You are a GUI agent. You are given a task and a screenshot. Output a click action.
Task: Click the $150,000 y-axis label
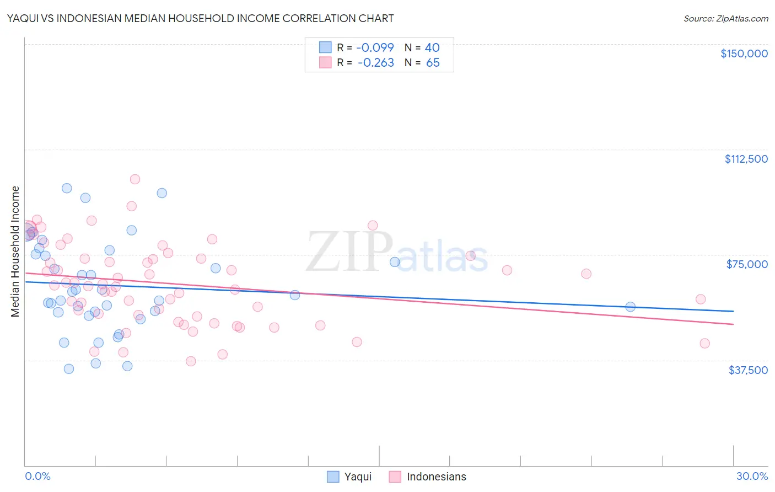pyautogui.click(x=744, y=54)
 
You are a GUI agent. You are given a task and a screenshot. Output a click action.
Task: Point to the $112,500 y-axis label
pyautogui.click(x=746, y=159)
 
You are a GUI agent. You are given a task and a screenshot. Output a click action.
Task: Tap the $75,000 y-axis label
pyautogui.click(x=747, y=264)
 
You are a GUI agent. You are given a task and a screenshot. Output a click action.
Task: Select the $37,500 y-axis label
pyautogui.click(x=747, y=370)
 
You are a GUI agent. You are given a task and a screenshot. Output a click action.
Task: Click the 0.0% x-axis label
pyautogui.click(x=37, y=476)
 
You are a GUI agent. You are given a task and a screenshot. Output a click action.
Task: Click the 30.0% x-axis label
pyautogui.click(x=752, y=476)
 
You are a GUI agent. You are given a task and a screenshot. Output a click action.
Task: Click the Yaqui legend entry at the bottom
pyautogui.click(x=349, y=477)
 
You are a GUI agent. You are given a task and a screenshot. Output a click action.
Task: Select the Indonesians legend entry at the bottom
pyautogui.click(x=428, y=477)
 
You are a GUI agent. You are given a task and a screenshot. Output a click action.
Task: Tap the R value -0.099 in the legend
pyautogui.click(x=375, y=47)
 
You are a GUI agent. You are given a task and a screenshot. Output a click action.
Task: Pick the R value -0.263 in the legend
pyautogui.click(x=375, y=63)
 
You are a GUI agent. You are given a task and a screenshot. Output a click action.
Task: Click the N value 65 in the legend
pyautogui.click(x=433, y=63)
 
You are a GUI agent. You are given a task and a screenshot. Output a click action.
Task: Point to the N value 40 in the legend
pyautogui.click(x=432, y=47)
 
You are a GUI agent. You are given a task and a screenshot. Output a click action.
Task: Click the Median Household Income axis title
pyautogui.click(x=15, y=252)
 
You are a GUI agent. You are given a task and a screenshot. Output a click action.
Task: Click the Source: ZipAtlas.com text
pyautogui.click(x=725, y=18)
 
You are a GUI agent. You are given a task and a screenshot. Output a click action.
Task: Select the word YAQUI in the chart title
pyautogui.click(x=21, y=18)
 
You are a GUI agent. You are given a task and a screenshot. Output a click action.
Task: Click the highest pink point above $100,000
pyautogui.click(x=135, y=179)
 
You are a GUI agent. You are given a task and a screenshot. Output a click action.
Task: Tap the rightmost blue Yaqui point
pyautogui.click(x=631, y=307)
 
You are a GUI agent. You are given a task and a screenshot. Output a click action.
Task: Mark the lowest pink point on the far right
pyautogui.click(x=704, y=343)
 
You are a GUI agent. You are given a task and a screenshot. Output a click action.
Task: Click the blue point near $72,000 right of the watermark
pyautogui.click(x=395, y=262)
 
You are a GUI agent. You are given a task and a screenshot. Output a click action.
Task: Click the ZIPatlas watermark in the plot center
pyautogui.click(x=397, y=252)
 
